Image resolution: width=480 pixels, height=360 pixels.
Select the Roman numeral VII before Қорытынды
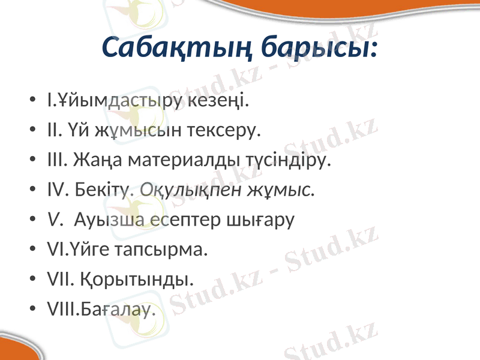(x=59, y=280)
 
